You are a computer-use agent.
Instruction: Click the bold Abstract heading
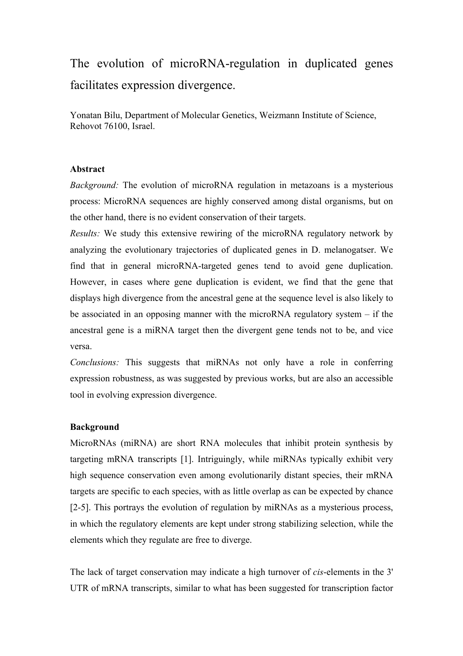(87, 169)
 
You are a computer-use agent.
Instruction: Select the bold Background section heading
(94, 427)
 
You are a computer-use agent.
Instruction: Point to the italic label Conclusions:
(95, 363)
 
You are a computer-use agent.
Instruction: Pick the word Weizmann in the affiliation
(276, 115)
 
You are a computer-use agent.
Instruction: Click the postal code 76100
(112, 126)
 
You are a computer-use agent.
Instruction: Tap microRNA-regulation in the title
(225, 64)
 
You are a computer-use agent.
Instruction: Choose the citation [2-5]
(80, 508)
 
